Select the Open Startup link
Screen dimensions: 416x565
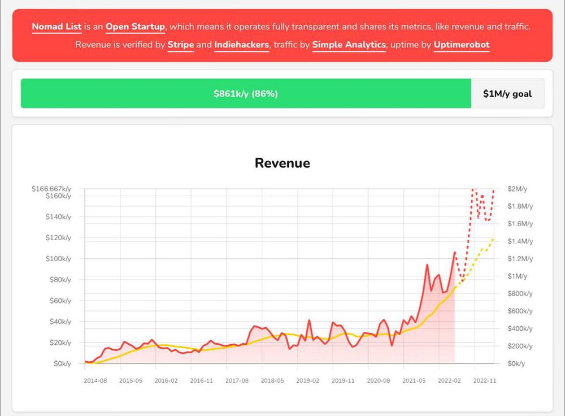[135, 27]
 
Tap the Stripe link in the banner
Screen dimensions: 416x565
[181, 45]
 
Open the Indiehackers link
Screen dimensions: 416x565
[241, 45]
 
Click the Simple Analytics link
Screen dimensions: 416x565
[349, 45]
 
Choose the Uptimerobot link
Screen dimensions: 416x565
[462, 45]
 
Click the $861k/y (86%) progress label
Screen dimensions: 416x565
[246, 94]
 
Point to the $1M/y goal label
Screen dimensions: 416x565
[507, 94]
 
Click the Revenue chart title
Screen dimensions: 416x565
[282, 163]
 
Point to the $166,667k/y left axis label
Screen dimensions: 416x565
[52, 189]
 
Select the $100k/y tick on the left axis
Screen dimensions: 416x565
[58, 259]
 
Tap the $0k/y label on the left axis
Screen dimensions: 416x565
[62, 363]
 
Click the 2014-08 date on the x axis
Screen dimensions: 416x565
[95, 381]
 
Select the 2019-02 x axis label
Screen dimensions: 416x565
[308, 381]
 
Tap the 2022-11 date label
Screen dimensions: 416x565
[485, 381]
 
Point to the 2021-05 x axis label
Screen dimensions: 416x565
[415, 381]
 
